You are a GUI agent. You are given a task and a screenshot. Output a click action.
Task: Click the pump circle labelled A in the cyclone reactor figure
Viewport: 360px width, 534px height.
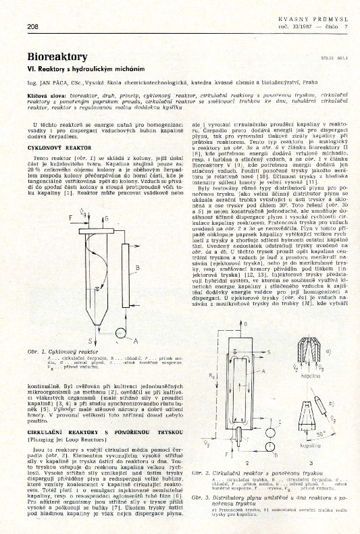coord(119,333)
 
